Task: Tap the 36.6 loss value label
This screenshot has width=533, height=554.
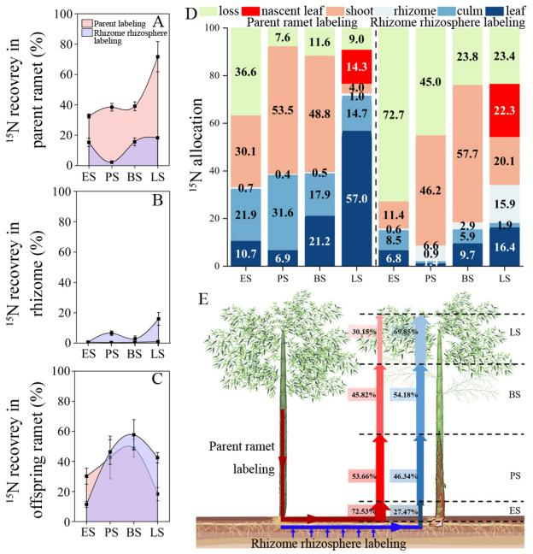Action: [248, 73]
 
